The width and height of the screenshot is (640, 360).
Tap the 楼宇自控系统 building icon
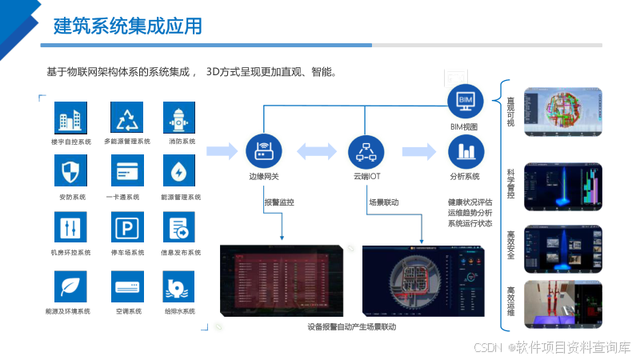(x=70, y=118)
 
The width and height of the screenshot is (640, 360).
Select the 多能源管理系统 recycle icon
(x=127, y=118)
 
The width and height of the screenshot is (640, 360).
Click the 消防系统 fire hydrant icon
(x=180, y=118)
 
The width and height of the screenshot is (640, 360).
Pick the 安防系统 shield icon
(x=70, y=171)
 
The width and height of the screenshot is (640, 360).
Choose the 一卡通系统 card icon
(x=127, y=171)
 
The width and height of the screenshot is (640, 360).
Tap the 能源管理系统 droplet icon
(x=180, y=171)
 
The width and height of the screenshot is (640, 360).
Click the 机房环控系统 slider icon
(x=70, y=228)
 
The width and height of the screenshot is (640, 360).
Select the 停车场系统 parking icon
(x=127, y=228)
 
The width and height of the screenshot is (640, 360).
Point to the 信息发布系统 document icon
(x=180, y=228)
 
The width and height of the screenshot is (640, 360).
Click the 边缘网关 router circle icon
(x=264, y=150)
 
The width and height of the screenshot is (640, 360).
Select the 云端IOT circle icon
(x=367, y=150)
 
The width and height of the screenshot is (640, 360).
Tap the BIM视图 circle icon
(x=465, y=100)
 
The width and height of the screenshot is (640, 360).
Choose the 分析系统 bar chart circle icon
(x=465, y=150)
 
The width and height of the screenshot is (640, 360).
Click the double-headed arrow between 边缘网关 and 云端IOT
(x=315, y=150)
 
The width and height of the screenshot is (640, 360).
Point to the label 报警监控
(x=279, y=202)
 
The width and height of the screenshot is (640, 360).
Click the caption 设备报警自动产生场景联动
(x=351, y=326)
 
